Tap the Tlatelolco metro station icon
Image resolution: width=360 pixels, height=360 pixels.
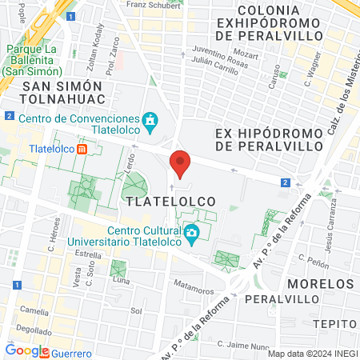(82, 149)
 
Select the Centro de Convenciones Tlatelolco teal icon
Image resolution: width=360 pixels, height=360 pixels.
(150, 121)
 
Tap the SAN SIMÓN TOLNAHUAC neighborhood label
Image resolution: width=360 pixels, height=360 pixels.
(62, 92)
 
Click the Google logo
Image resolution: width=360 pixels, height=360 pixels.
(26, 350)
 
